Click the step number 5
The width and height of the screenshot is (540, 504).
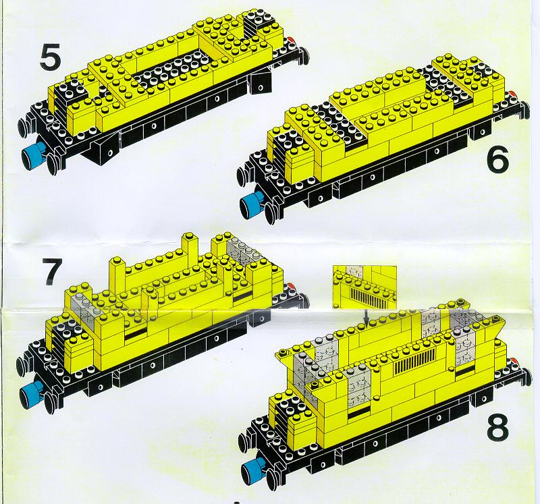click(x=50, y=57)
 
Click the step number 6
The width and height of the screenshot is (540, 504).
click(x=498, y=159)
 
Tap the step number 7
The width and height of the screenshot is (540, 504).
click(x=52, y=272)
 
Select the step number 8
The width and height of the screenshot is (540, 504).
click(x=497, y=427)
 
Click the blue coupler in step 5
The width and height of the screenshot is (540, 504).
click(x=32, y=154)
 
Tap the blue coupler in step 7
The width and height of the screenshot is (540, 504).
click(x=31, y=393)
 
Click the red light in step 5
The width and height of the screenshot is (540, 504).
click(x=292, y=40)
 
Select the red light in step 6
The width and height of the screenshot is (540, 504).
click(x=513, y=94)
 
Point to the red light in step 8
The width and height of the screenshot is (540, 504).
click(x=514, y=361)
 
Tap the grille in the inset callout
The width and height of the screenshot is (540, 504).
click(x=369, y=298)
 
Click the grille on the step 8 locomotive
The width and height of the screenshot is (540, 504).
click(x=414, y=362)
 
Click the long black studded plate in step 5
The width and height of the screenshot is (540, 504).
click(x=172, y=70)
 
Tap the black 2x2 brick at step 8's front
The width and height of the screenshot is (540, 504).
click(x=290, y=405)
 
